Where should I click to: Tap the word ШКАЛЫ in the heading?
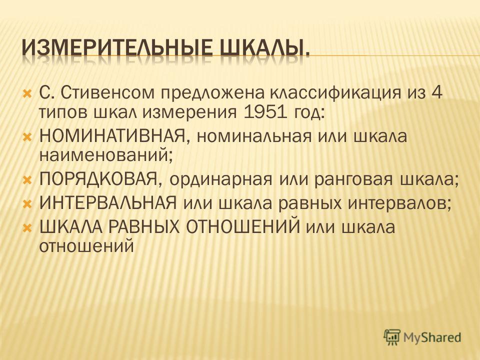(x=264, y=47)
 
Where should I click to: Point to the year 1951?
(x=265, y=112)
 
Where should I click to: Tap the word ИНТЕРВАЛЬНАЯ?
(x=108, y=203)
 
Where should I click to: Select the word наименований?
(x=104, y=156)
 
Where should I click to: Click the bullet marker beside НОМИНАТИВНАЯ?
(x=27, y=136)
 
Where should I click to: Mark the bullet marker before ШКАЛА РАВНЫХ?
(x=27, y=227)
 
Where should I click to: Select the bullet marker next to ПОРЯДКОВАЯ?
(x=27, y=179)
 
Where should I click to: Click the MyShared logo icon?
(x=392, y=337)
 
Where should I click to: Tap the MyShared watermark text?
(x=432, y=337)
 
